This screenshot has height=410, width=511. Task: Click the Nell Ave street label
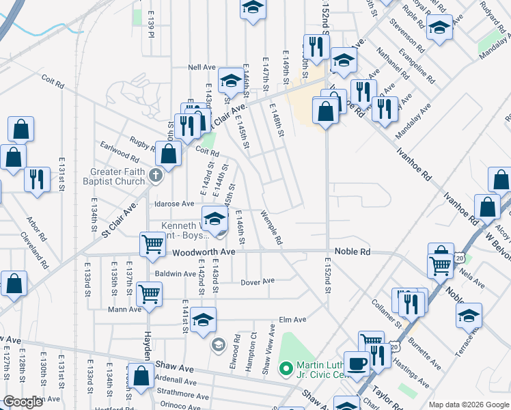202,68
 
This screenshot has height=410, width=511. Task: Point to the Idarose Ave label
175,204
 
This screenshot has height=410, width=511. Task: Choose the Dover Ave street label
258,281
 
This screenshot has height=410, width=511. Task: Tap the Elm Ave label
292,319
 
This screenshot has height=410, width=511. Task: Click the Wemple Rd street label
271,229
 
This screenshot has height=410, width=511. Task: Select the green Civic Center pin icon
286,369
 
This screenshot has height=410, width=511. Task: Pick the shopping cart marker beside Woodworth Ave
152,244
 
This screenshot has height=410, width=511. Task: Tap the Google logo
23,402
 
